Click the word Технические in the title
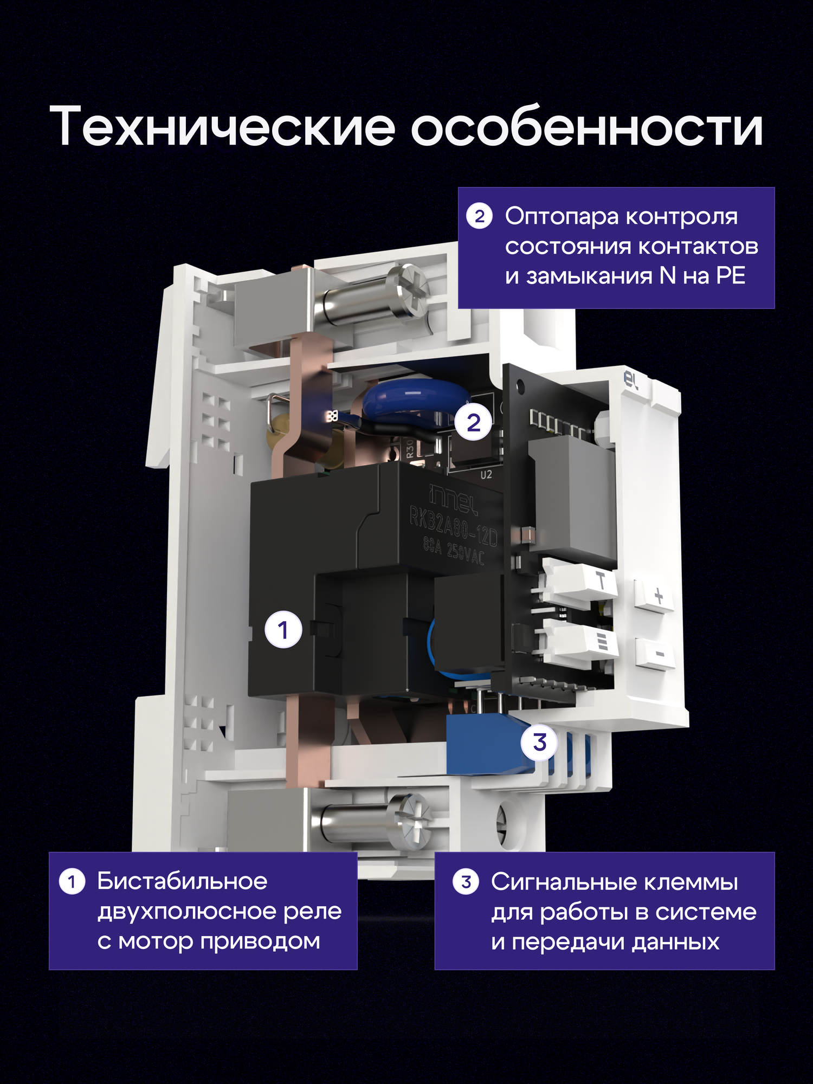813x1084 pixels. point(222,126)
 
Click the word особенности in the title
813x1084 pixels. point(586,126)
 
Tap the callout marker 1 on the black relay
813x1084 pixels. point(283,629)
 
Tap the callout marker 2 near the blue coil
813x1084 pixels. point(473,422)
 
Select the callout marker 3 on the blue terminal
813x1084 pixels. point(539,742)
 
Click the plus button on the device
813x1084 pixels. point(658,596)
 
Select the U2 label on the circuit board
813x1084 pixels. point(486,475)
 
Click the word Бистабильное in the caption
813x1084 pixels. point(182,881)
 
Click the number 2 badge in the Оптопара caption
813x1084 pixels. point(479,216)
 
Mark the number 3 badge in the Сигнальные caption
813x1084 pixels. point(466,882)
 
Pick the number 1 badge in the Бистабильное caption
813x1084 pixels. point(72,882)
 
